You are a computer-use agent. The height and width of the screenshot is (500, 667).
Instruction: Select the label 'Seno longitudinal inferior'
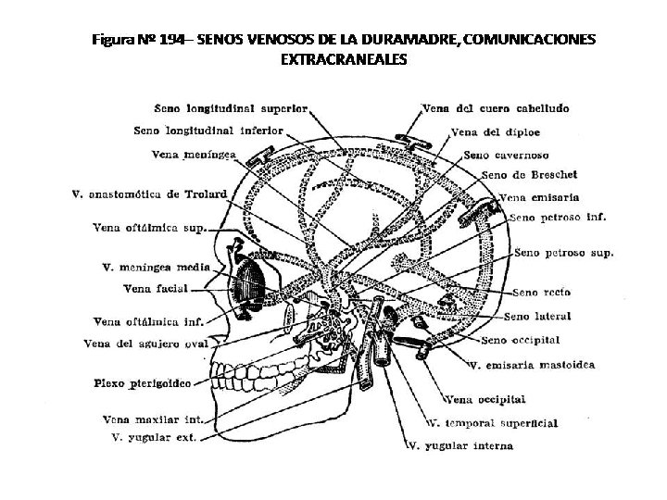tap(208, 131)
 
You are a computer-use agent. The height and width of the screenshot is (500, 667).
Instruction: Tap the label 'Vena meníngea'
tap(194, 154)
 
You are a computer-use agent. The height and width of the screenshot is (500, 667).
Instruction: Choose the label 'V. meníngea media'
tap(156, 268)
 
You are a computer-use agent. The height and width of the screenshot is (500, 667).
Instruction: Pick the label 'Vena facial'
tap(155, 289)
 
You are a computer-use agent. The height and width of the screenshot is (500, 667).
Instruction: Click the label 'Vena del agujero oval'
tap(144, 344)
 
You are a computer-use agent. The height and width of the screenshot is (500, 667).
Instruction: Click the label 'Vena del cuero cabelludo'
tap(496, 108)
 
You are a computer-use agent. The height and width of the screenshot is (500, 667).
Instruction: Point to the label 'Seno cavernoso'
tap(505, 155)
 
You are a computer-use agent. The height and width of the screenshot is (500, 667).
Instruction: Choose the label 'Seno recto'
tap(545, 293)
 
